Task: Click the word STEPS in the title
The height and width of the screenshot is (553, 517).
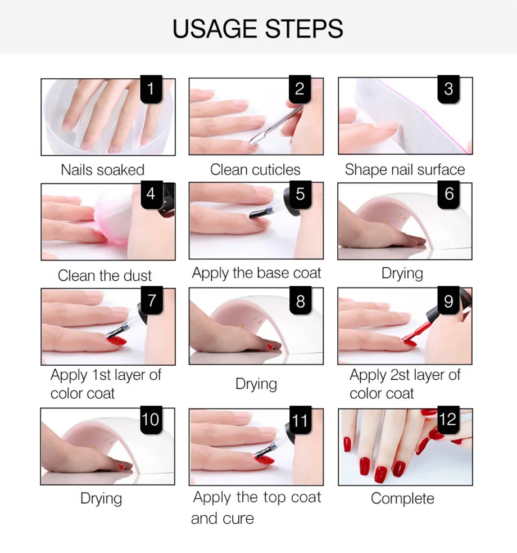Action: pos(304,29)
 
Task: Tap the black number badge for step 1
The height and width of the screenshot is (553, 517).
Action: pos(151,89)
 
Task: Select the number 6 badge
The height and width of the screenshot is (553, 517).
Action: pos(448,194)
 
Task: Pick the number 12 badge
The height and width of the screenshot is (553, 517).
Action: pos(448,420)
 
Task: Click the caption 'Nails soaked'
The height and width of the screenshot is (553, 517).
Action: pos(102,170)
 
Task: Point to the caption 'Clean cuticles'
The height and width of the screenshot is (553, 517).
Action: pos(255,170)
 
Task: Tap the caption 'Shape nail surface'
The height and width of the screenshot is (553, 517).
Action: pos(405,170)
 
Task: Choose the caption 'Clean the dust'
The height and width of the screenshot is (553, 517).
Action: pos(105,276)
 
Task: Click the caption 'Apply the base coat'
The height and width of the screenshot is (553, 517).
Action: pos(256,273)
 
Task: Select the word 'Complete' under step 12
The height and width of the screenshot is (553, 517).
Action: pos(402,498)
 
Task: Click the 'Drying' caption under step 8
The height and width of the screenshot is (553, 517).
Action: pos(256,384)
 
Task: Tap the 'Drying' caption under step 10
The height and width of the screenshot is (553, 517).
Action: pos(101,498)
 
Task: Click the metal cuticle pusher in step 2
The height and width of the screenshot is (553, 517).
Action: pos(275,125)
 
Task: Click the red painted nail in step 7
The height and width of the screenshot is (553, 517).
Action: pos(117,340)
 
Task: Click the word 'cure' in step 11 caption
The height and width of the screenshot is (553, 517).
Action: pos(238,519)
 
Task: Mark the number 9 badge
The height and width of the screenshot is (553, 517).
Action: pos(448,301)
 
